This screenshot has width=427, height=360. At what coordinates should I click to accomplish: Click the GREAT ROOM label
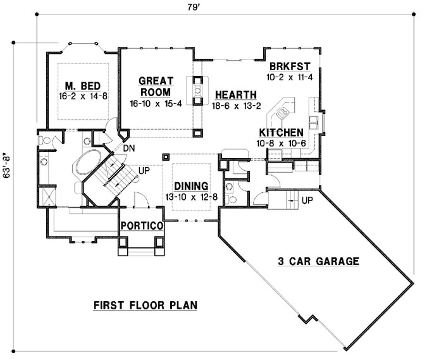pyautogui.click(x=155, y=87)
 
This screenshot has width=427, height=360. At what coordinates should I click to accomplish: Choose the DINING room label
pyautogui.click(x=192, y=185)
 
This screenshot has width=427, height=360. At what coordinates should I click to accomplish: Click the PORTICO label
pyautogui.click(x=142, y=225)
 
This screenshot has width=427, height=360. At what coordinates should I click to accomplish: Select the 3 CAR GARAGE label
pyautogui.click(x=318, y=261)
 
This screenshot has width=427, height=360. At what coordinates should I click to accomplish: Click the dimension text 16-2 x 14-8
pyautogui.click(x=83, y=98)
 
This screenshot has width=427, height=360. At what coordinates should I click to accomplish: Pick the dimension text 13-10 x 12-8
pyautogui.click(x=192, y=197)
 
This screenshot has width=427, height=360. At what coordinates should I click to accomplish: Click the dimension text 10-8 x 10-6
pyautogui.click(x=282, y=143)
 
